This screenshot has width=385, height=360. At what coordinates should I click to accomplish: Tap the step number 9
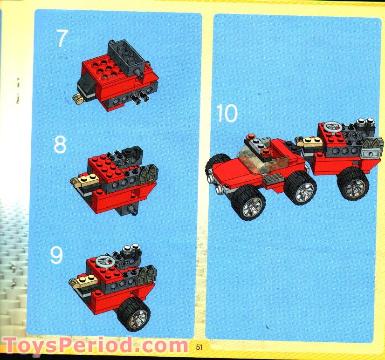pos(56,255)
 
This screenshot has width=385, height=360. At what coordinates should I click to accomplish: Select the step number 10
pos(227,113)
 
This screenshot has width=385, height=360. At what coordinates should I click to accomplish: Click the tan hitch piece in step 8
pos(85,180)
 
